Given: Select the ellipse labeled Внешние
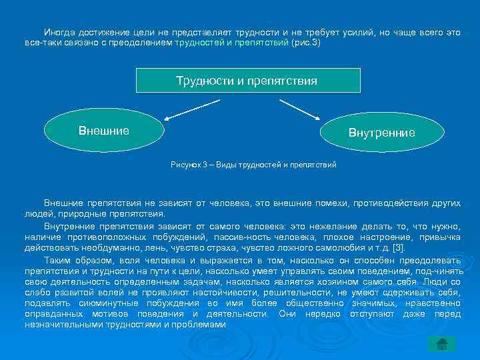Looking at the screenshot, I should click(104, 131).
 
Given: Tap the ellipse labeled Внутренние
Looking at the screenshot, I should click(381, 133).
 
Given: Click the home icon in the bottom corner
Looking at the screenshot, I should click(441, 343).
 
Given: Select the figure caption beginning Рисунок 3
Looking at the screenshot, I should click(253, 165).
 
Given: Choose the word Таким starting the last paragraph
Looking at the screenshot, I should click(57, 259).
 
